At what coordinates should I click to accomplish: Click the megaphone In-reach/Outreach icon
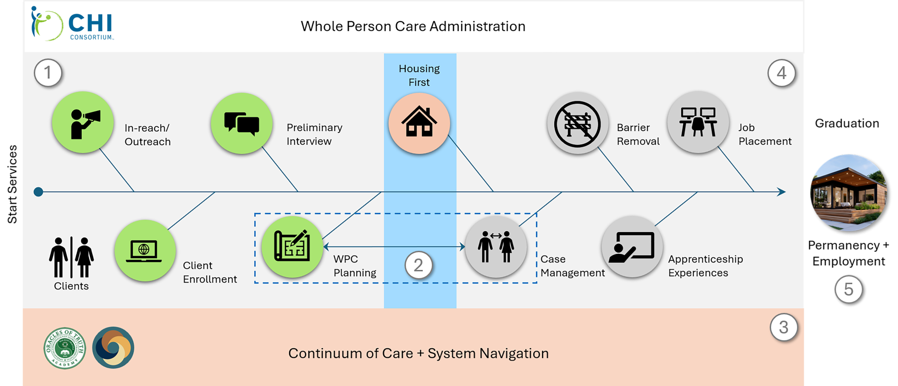(83, 122)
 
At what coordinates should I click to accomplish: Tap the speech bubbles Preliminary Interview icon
(242, 123)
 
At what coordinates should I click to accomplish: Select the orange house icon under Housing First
(419, 123)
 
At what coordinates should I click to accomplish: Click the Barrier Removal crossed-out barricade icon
(577, 123)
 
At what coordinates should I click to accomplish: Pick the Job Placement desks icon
(698, 122)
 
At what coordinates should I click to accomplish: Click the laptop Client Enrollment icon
(145, 250)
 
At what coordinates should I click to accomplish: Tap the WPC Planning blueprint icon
(292, 247)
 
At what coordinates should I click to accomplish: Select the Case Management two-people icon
(496, 247)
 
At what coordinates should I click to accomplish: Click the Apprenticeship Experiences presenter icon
(632, 247)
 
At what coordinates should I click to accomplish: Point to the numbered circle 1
(48, 72)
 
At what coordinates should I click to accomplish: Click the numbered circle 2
(418, 265)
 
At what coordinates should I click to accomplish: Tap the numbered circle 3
(784, 327)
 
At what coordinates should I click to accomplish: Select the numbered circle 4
(781, 73)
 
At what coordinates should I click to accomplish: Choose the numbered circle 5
(848, 289)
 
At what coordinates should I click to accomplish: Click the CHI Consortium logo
(72, 25)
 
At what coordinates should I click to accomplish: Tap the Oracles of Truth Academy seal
(65, 348)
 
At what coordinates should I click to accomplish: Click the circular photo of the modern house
(848, 193)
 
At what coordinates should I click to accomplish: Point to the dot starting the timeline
(39, 192)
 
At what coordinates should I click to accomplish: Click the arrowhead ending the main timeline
(781, 192)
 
